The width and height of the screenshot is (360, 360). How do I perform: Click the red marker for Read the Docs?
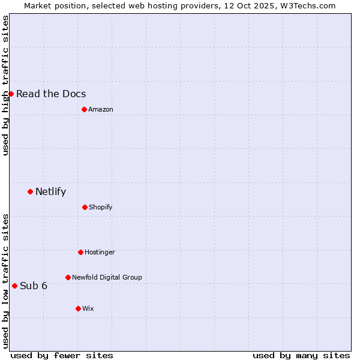[x=11, y=94]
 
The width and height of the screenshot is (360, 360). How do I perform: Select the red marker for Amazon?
[x=84, y=109]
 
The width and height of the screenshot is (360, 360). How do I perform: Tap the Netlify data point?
[x=30, y=191]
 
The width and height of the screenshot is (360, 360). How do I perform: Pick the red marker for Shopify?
[x=85, y=207]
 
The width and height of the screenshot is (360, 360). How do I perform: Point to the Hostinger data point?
[x=80, y=252]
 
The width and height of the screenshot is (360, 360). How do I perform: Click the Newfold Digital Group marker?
[x=68, y=277]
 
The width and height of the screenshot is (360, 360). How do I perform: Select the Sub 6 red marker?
[x=14, y=286]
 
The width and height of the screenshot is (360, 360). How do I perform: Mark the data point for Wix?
[x=78, y=308]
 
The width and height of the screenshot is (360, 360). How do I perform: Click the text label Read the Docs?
[x=51, y=94]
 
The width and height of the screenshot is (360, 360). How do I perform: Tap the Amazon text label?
[x=101, y=109]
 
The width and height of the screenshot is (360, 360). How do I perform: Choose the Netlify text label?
[x=51, y=192]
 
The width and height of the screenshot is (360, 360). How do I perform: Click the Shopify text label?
[x=101, y=207]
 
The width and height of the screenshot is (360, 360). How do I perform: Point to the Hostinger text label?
[x=100, y=252]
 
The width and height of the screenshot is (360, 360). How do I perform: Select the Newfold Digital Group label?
[x=107, y=277]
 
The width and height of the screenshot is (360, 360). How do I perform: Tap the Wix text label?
[x=88, y=308]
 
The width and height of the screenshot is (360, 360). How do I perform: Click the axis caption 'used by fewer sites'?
[x=62, y=355]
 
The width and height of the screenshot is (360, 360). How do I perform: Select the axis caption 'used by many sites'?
[x=301, y=355]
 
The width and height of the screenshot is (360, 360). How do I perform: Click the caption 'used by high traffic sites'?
[x=5, y=85]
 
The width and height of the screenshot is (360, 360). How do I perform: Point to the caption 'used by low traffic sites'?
[x=5, y=281]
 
